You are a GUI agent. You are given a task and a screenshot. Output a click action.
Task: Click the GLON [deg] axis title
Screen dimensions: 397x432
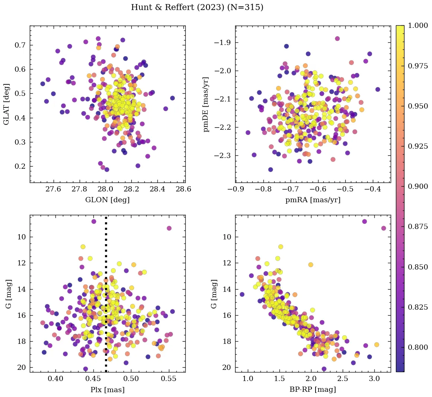tap(107, 200)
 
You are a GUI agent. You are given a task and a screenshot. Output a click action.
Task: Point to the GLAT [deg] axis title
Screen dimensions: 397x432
tap(6, 104)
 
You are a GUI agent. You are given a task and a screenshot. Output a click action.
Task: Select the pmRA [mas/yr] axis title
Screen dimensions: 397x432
tap(313, 200)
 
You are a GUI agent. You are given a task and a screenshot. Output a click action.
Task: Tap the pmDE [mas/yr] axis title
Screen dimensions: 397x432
tap(206, 104)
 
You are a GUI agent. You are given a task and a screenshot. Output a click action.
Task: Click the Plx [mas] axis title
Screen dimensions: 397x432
tap(107, 390)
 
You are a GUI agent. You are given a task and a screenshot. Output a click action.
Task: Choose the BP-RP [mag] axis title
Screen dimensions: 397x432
tap(313, 390)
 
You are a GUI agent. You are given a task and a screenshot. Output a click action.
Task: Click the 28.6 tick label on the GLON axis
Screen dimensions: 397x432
tap(183, 189)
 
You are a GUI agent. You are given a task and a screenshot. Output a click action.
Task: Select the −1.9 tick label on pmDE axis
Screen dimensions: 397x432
tap(222, 43)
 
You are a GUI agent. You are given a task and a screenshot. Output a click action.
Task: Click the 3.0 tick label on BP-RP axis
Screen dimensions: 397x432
tap(375, 379)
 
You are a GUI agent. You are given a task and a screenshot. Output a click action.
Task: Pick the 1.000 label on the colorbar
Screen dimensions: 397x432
tap(417, 26)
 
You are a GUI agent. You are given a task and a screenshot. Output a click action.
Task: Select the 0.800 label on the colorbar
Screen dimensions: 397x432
tap(417, 347)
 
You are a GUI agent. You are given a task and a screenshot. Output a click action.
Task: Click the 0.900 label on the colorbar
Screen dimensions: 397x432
tap(417, 187)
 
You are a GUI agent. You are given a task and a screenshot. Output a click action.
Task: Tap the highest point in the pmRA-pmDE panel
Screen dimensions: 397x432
tap(337, 38)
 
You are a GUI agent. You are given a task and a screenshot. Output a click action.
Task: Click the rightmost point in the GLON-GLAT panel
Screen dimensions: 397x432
tap(172, 98)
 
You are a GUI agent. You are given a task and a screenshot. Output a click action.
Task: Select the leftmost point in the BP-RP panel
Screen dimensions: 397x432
tap(242, 294)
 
